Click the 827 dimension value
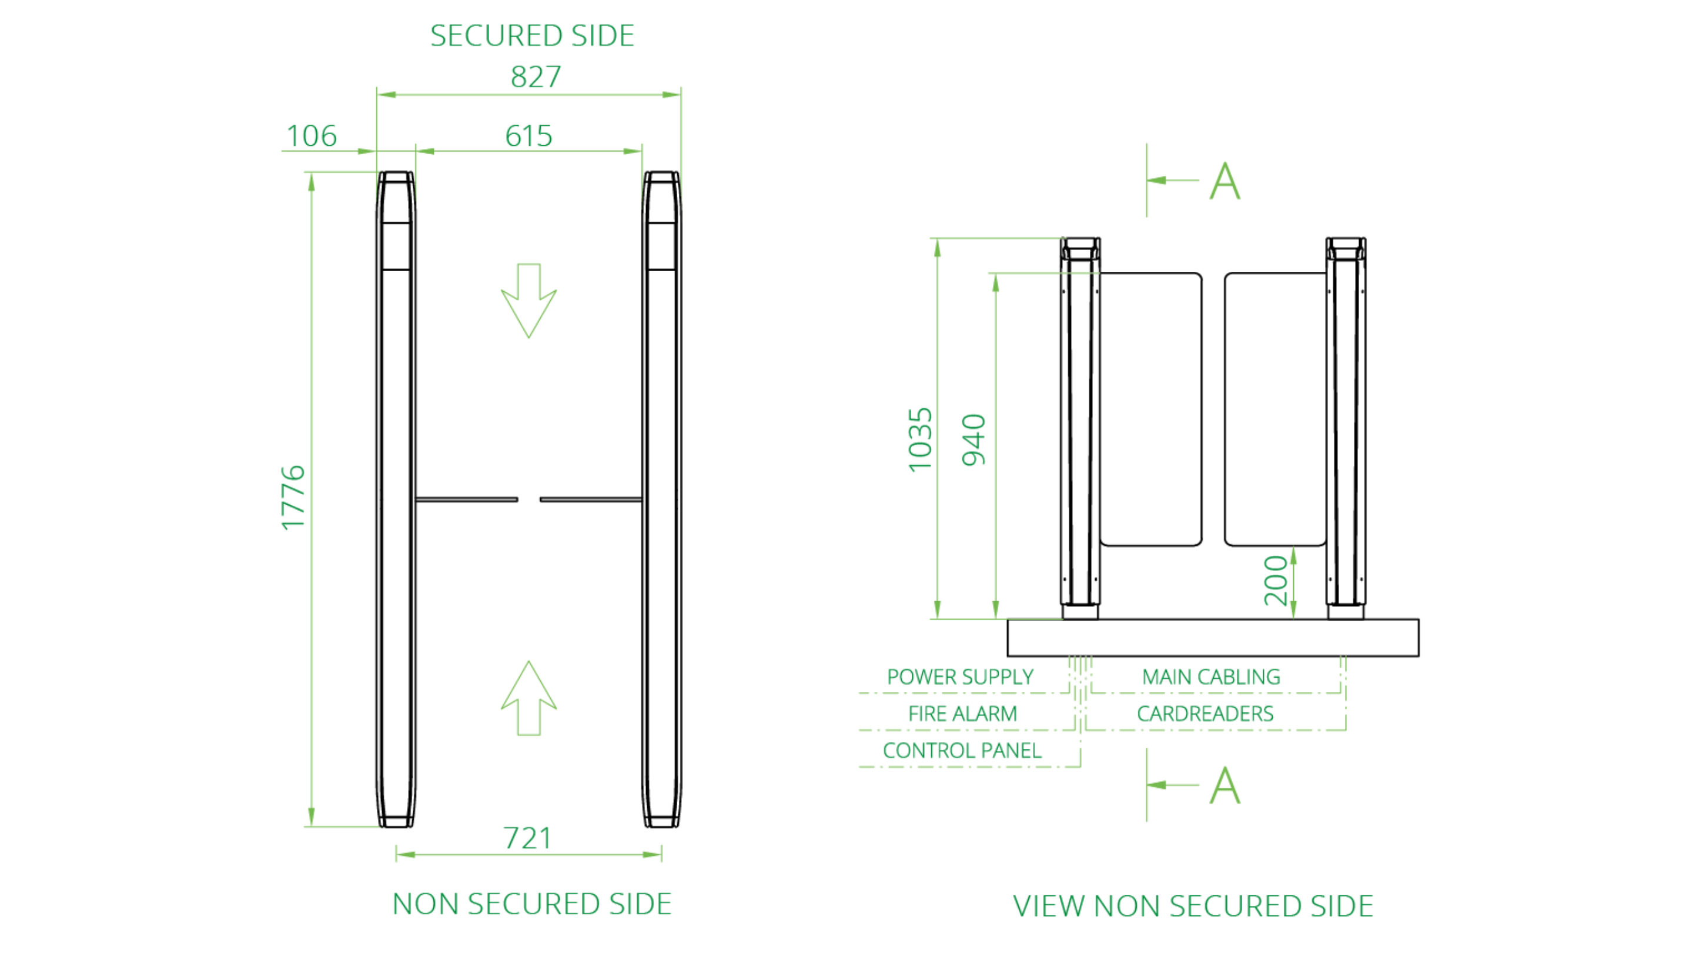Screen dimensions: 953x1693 click(536, 77)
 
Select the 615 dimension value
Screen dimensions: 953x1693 click(528, 136)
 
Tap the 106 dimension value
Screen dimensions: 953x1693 click(312, 136)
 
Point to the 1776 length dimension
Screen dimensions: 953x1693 click(293, 497)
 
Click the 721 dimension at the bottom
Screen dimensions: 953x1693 click(527, 838)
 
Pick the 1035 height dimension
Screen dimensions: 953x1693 click(920, 439)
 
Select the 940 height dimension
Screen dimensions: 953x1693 click(974, 439)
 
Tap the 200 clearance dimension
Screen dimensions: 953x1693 click(1276, 580)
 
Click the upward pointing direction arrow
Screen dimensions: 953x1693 click(528, 698)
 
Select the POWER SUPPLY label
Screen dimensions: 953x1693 click(959, 677)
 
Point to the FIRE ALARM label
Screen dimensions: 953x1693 click(962, 714)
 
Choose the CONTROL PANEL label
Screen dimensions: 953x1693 click(962, 751)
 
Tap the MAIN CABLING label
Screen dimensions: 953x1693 click(1210, 677)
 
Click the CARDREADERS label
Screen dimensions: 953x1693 click(1204, 714)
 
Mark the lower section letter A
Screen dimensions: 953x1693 click(1225, 785)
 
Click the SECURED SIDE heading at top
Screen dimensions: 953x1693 click(531, 35)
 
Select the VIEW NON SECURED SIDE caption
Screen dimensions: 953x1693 click(1193, 906)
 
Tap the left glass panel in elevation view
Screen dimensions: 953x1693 click(1151, 409)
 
